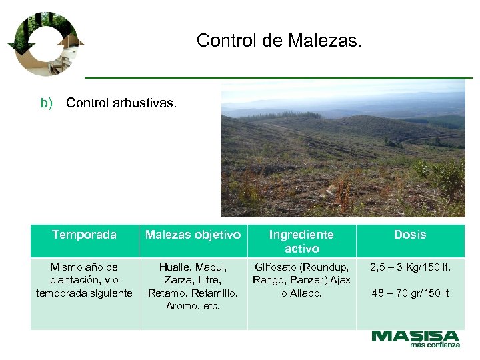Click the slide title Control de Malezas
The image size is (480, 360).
279,41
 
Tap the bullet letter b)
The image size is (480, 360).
46,103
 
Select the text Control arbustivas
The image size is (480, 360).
121,103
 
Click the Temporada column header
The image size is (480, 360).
84,235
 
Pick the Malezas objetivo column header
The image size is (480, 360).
193,235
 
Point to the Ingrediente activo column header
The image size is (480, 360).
301,241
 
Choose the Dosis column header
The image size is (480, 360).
409,235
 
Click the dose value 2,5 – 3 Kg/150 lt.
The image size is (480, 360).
410,267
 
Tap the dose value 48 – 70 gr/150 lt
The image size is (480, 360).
410,293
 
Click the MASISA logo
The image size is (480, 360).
415,336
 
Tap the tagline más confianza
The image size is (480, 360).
435,345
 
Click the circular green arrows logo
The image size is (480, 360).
45,43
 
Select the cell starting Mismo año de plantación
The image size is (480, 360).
84,281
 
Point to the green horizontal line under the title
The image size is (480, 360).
278,77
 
